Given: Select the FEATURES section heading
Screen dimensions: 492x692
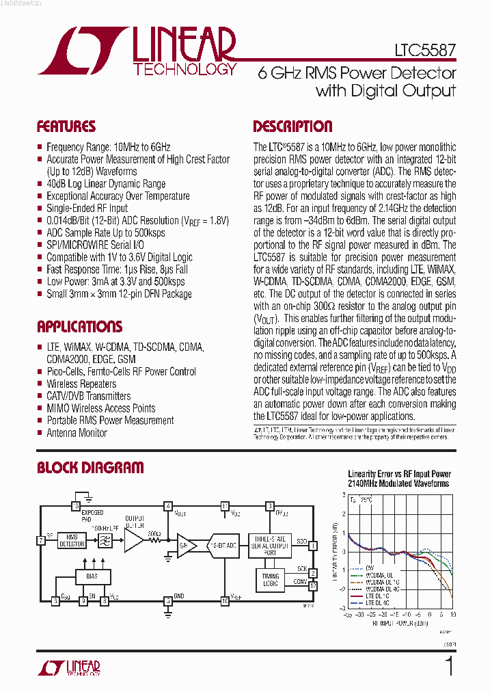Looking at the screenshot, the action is (x=66, y=127).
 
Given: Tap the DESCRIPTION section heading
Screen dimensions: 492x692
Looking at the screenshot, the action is (x=292, y=127).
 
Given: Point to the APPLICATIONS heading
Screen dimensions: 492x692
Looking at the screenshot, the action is (x=79, y=326).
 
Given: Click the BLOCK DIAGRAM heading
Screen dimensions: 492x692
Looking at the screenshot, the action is (x=90, y=468).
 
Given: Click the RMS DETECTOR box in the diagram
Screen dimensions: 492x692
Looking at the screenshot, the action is (x=71, y=540).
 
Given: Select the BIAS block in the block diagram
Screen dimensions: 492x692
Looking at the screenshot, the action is (x=92, y=576).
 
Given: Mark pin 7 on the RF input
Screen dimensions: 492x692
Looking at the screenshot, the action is (x=42, y=540).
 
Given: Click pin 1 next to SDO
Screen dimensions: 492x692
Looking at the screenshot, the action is (x=312, y=546).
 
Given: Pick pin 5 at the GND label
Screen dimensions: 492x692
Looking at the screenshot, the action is (x=167, y=601).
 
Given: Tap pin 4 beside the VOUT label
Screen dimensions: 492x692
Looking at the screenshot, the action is (x=167, y=506).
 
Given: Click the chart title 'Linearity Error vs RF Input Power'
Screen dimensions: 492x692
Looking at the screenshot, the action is (x=399, y=474).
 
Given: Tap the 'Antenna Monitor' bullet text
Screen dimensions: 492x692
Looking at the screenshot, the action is (x=77, y=433).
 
